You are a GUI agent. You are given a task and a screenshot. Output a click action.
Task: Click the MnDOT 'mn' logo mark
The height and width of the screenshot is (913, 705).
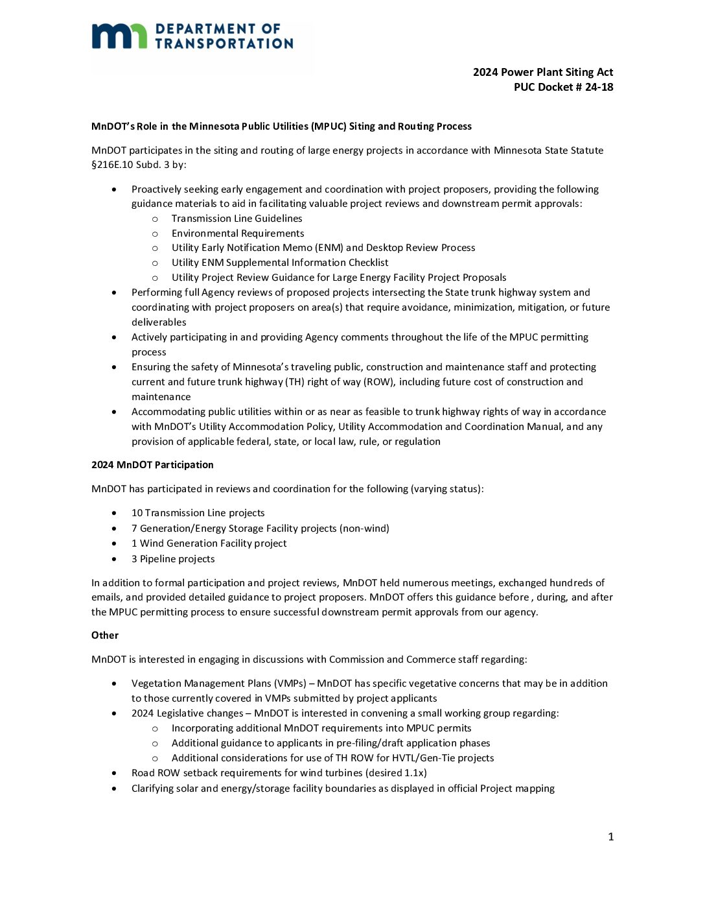[119, 36]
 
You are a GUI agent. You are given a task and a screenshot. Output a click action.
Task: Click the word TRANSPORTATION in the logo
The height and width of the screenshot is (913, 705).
[224, 43]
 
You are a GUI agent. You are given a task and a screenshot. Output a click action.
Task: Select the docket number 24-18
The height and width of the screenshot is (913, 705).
[599, 87]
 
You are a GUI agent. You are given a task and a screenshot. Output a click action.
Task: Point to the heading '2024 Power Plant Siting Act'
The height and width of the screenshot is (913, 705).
[543, 72]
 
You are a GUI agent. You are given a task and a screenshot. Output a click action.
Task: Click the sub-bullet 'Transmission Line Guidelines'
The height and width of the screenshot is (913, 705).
[237, 219]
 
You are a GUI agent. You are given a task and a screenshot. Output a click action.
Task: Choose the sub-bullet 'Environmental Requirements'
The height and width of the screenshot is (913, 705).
[237, 233]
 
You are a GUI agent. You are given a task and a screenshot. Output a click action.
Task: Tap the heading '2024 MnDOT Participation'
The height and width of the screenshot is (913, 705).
[152, 465]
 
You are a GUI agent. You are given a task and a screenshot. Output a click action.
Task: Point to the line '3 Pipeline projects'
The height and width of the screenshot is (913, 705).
[173, 559]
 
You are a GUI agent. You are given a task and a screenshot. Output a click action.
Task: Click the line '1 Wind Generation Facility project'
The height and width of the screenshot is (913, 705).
[209, 543]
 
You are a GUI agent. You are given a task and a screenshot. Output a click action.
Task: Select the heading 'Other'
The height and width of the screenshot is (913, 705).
[105, 635]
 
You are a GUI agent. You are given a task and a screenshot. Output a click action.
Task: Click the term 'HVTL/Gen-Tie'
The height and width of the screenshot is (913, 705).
[424, 758]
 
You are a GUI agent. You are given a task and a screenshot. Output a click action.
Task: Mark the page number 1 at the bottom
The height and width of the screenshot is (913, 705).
[610, 837]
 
